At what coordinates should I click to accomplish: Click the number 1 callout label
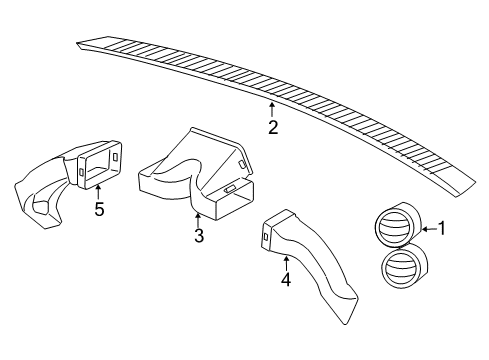(440, 229)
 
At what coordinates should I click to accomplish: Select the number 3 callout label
(199, 236)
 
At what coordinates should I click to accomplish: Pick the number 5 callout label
(98, 209)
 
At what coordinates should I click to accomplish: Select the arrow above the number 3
(199, 219)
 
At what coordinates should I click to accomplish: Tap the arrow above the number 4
(285, 262)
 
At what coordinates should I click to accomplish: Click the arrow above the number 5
(98, 192)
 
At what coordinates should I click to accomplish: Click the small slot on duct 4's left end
(265, 237)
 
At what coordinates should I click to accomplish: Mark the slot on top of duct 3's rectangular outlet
(229, 187)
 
